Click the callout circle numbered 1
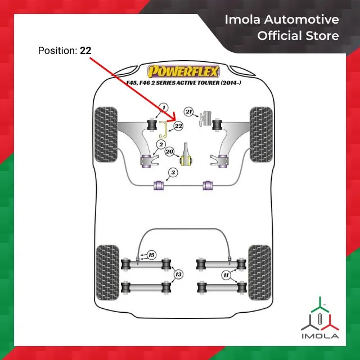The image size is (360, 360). tap(164, 107)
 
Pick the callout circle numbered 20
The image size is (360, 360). tap(169, 151)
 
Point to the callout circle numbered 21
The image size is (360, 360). tap(189, 112)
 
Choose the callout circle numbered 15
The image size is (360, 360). tap(151, 255)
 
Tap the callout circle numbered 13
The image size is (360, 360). tap(178, 274)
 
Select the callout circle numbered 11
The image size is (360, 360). tap(226, 275)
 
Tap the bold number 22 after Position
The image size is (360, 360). tap(85, 51)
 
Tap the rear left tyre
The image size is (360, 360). tap(107, 273)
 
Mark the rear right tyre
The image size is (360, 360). tap(259, 273)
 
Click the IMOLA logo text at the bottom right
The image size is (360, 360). tap(319, 336)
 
